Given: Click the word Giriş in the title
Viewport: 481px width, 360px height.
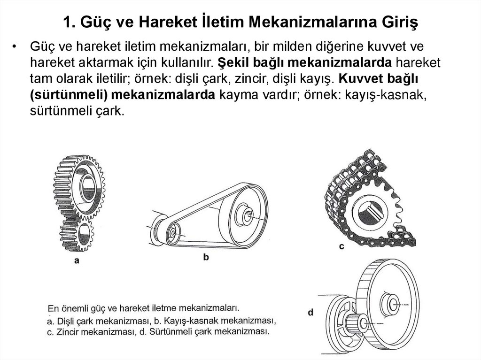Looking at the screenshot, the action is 400,22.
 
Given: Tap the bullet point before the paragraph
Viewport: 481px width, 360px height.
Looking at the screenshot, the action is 14,46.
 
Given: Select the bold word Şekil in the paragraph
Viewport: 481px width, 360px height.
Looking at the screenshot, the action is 233,62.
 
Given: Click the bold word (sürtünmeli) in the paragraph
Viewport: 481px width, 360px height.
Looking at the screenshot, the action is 69,95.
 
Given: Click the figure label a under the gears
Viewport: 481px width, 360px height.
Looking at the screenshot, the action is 77,260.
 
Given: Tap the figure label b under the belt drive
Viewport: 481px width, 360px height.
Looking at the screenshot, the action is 206,257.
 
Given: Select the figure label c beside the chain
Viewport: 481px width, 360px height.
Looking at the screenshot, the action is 341,246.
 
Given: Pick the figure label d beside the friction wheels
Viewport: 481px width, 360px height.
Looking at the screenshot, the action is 310,312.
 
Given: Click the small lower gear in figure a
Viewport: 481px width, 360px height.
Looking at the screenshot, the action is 77,235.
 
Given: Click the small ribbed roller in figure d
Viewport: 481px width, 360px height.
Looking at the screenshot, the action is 356,323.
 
